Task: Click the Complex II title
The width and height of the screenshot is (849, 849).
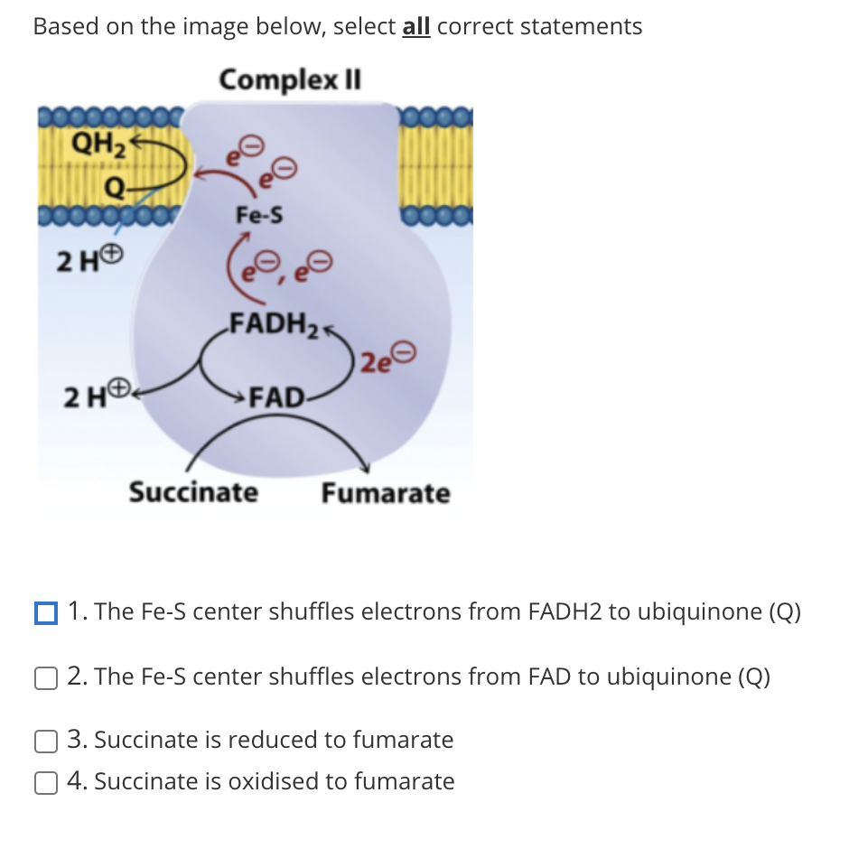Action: coord(290,79)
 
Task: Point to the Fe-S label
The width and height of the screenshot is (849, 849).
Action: coord(258,215)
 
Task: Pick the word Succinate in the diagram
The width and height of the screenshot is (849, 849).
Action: coord(192,493)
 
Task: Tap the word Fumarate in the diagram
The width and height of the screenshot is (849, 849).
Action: coord(386,494)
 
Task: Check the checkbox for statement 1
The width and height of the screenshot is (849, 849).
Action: coord(45,613)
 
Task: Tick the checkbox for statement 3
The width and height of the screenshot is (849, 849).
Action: coord(45,742)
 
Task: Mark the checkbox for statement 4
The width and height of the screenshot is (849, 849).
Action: coord(45,782)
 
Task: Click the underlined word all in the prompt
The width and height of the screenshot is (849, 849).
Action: coord(415,27)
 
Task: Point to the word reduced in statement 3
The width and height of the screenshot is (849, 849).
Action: coord(270,741)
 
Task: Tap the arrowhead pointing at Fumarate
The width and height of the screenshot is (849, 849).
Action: coord(365,466)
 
